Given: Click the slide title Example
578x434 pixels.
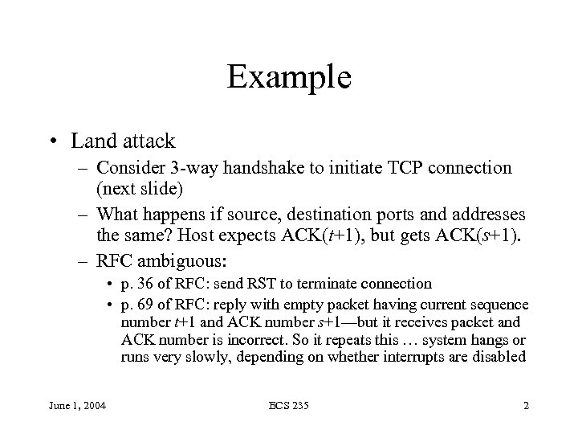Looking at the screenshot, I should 289,77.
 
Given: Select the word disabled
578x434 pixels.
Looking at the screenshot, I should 499,357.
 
